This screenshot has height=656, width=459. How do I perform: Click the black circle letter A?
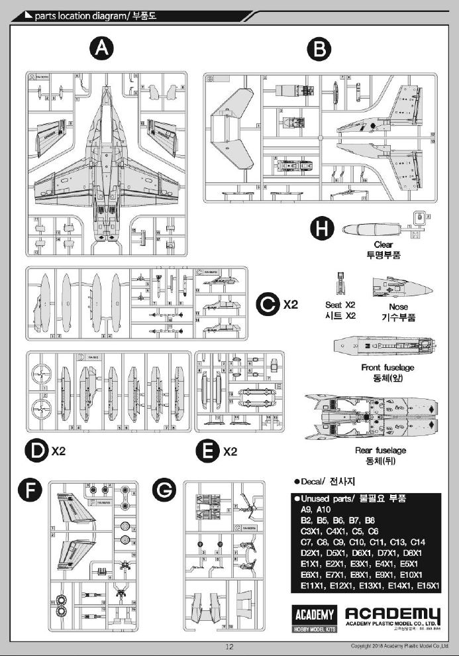(101, 48)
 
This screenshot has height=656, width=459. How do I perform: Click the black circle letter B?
(320, 48)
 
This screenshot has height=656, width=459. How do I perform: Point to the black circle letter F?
(30, 491)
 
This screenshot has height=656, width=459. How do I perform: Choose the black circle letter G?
(164, 491)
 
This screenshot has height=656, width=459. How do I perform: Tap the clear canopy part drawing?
(368, 229)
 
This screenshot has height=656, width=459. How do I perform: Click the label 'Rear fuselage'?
(381, 451)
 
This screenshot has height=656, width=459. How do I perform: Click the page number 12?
(229, 647)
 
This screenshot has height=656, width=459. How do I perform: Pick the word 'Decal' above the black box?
(312, 481)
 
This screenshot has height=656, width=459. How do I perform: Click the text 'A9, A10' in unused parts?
(315, 510)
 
